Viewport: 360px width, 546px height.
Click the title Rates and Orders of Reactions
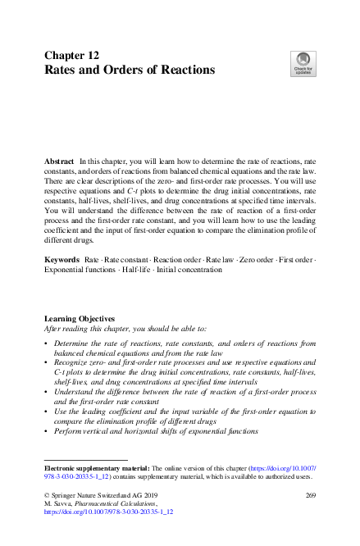pos(129,71)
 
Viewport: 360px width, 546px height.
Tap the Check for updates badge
pos(303,63)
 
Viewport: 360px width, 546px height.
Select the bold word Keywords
pos(62,259)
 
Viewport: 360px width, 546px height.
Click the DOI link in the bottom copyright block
pos(108,512)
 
